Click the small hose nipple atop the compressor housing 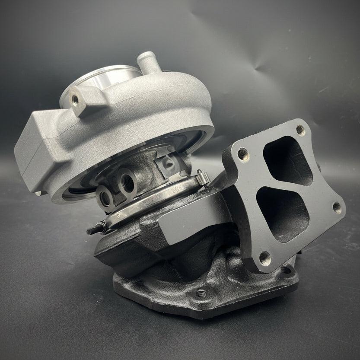coord(146,61)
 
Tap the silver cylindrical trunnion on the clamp coord(203,178)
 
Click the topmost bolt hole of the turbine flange coord(299,130)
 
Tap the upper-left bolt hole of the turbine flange coord(242,153)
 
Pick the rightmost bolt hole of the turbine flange coord(336,208)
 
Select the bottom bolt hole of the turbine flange coord(264,258)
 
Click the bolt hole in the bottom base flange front coord(201,294)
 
